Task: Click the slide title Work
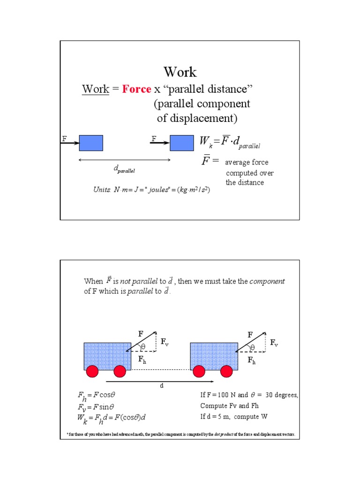tap(180, 72)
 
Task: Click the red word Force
tap(136, 89)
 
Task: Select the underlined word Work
tap(96, 89)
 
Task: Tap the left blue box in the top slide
tap(91, 143)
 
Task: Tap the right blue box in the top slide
tap(181, 143)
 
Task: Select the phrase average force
tap(247, 163)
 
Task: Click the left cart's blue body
tap(107, 356)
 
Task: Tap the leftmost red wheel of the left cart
tap(92, 372)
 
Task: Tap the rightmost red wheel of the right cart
tap(227, 372)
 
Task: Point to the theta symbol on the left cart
tap(143, 347)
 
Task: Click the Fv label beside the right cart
tap(274, 343)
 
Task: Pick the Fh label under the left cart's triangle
tap(142, 360)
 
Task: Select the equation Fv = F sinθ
tap(97, 407)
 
